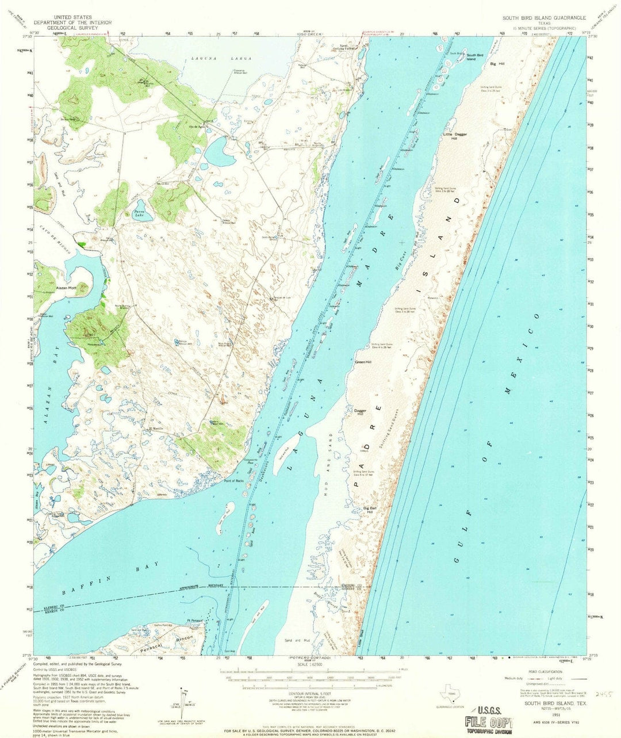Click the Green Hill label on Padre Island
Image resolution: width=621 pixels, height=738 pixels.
(363, 362)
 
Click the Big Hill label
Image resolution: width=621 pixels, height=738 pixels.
(497, 64)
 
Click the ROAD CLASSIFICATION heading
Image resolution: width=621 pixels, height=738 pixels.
(534, 671)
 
